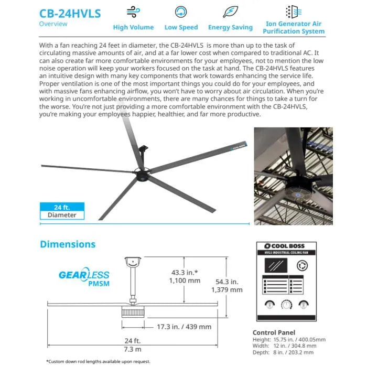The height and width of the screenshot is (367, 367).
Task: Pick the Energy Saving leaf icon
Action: point(230,12)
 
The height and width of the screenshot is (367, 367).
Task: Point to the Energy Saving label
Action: point(230,27)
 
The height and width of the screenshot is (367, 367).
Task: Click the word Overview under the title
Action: point(53,24)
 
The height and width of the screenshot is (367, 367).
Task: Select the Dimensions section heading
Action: point(68,244)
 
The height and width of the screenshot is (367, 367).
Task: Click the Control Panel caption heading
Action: point(274,332)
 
